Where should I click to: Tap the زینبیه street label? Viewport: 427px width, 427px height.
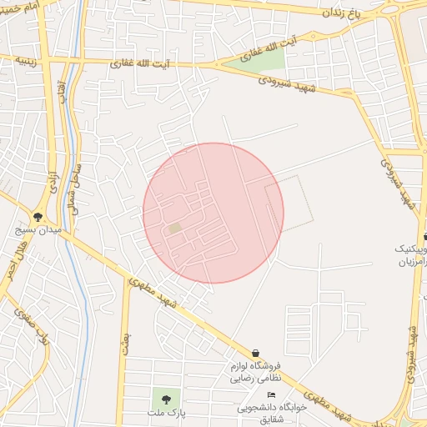19,62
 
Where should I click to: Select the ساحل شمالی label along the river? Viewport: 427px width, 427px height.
76,184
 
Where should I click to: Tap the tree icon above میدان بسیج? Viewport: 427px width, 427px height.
38,214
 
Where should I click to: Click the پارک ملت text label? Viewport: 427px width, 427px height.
164,412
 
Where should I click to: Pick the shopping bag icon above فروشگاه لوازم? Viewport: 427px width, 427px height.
255,354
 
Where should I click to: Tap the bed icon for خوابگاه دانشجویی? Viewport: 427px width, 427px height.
270,395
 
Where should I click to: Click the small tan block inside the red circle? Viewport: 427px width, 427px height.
174,228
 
